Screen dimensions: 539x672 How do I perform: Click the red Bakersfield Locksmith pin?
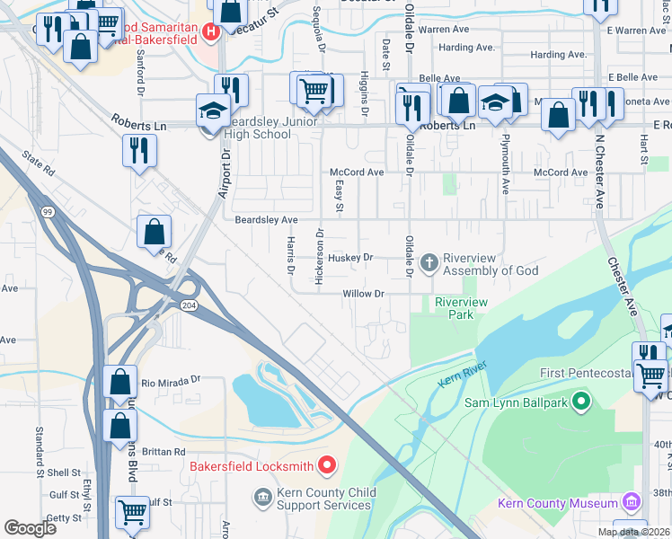(x=327, y=465)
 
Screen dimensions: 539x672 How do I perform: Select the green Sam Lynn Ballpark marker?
(x=580, y=402)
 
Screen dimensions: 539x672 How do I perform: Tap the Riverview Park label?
(x=460, y=309)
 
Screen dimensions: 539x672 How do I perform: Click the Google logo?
(x=31, y=528)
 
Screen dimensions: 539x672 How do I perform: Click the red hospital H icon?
(x=211, y=33)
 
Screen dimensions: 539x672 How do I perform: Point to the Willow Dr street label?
(x=363, y=294)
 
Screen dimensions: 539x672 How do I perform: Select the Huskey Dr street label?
(x=350, y=257)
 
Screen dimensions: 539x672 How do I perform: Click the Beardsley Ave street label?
(x=266, y=219)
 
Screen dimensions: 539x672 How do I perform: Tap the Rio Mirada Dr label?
(x=170, y=381)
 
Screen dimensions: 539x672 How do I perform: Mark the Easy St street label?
(x=340, y=196)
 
